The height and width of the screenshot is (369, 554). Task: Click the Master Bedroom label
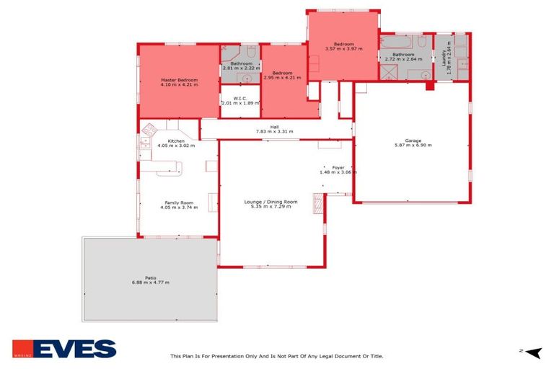(179, 79)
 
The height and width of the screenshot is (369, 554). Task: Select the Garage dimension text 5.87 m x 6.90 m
(413, 146)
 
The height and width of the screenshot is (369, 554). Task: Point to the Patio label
(151, 277)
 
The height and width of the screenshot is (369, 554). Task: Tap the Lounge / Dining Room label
(271, 202)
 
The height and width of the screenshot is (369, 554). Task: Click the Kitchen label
(176, 141)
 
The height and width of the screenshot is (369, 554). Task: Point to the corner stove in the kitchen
(149, 130)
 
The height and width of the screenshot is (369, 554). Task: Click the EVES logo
(63, 349)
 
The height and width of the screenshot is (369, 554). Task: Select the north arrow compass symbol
(532, 352)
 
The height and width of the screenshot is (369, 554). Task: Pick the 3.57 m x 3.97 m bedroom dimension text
(343, 48)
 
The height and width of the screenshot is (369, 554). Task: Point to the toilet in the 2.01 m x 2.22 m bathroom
(251, 54)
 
